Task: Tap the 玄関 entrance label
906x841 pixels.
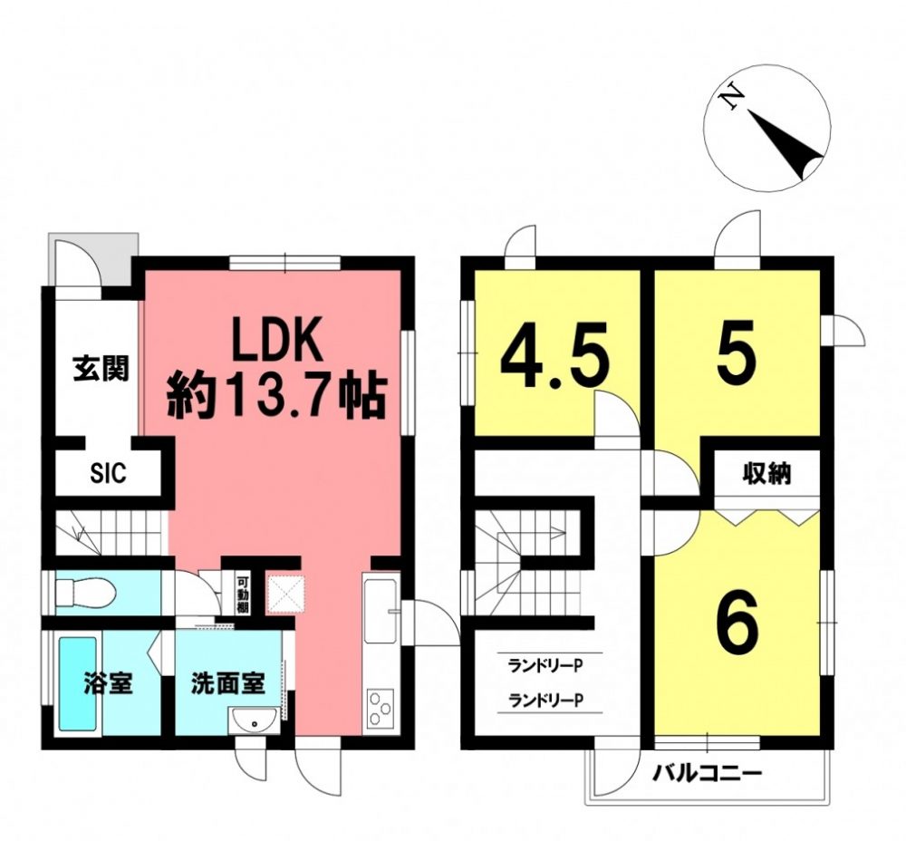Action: pyautogui.click(x=101, y=369)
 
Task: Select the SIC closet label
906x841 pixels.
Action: pyautogui.click(x=108, y=474)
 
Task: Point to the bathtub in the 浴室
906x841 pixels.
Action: pyautogui.click(x=79, y=685)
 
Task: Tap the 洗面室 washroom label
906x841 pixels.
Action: pyautogui.click(x=228, y=684)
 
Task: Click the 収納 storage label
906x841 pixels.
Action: pyautogui.click(x=766, y=475)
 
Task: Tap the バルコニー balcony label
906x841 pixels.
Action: pyautogui.click(x=708, y=773)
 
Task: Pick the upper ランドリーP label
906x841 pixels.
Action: pyautogui.click(x=545, y=666)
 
